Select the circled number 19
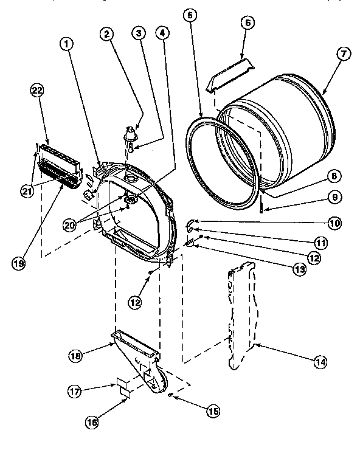(19, 263)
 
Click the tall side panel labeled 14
(243, 316)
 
